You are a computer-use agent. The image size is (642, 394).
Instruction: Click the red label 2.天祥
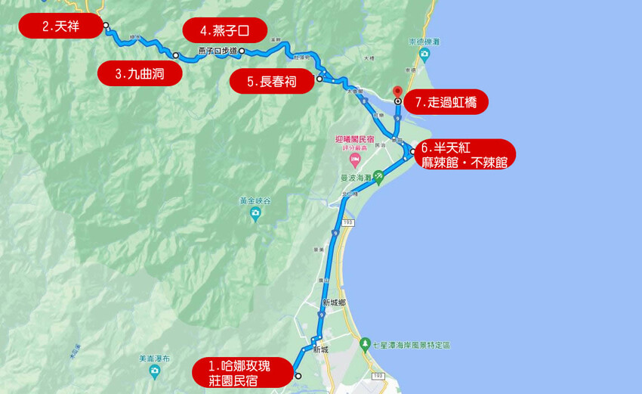pos(60,26)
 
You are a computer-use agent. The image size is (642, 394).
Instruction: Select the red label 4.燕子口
pos(224,30)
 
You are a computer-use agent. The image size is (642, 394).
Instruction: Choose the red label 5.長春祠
pos(270,81)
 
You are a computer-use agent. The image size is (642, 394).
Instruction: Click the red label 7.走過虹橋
pos(446,102)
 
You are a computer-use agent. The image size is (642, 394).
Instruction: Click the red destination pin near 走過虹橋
pos(398,92)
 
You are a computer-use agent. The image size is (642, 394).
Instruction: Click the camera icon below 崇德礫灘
pos(425,54)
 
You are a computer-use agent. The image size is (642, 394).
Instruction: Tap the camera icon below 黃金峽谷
pos(256,215)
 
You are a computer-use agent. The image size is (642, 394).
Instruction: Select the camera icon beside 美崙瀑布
pos(154,371)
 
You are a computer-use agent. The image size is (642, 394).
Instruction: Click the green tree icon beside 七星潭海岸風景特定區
pos(366,345)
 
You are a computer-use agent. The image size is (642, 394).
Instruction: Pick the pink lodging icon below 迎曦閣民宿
pos(353,160)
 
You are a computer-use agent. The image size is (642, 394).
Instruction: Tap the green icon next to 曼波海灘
pos(378,177)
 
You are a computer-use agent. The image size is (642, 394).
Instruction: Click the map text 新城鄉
pos(333,302)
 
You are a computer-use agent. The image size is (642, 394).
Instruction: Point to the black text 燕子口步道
pos(218,51)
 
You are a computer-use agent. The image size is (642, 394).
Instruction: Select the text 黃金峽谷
pos(255,201)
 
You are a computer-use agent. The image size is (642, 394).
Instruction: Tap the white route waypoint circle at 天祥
pos(106,25)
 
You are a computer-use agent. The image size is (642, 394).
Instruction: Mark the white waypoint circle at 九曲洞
pos(175,55)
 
